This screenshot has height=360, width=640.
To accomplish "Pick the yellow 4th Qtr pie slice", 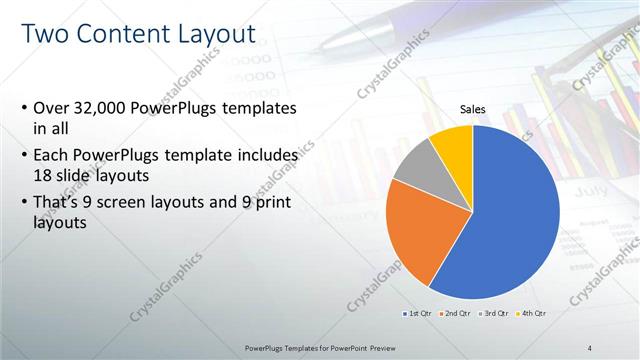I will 453,145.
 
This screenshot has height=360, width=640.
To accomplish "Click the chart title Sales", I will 473,108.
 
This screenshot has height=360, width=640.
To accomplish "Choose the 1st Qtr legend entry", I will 418,314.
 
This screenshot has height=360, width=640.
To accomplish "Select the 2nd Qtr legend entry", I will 458,314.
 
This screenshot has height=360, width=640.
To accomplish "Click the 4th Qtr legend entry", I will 531,314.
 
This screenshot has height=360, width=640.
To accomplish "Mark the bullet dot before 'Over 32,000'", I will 24,108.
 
